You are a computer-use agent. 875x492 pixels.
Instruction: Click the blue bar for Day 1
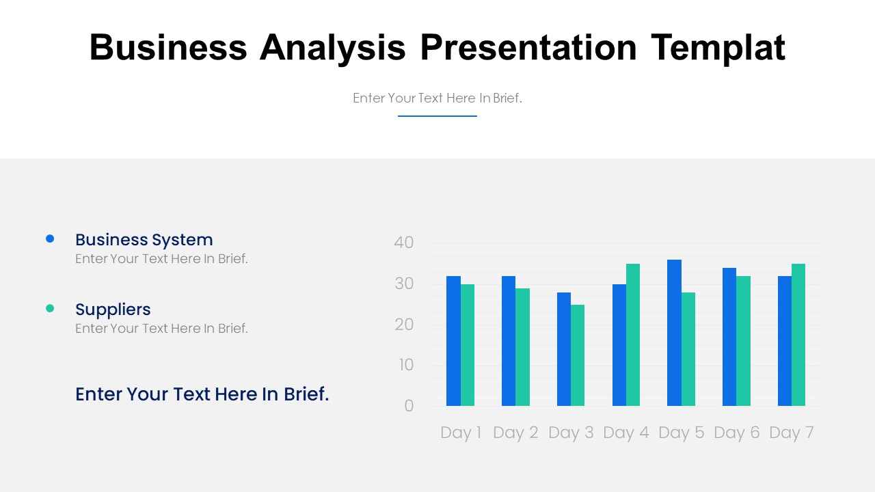tap(453, 341)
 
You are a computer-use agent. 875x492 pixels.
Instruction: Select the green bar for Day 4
tap(633, 335)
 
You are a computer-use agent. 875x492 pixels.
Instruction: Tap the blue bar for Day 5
tap(674, 333)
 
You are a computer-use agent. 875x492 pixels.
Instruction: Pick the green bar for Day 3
tap(578, 355)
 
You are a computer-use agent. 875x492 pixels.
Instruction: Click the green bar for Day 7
tap(798, 335)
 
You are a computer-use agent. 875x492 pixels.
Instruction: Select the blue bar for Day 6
tap(729, 337)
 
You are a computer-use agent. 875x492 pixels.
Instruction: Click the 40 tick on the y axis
tap(404, 243)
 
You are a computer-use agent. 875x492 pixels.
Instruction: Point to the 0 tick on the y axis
tap(409, 406)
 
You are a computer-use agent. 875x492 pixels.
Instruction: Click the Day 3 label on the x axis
tap(571, 433)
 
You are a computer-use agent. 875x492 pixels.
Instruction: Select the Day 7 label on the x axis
tap(791, 433)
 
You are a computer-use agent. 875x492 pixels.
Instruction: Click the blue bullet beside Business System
tap(50, 238)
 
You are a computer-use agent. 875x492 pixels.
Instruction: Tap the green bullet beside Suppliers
tap(50, 308)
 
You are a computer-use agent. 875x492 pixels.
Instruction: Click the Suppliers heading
tap(113, 310)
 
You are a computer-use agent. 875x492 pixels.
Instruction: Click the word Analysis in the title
tap(332, 48)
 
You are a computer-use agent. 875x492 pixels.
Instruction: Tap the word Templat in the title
tap(718, 48)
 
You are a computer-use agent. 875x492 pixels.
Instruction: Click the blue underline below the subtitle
tap(437, 116)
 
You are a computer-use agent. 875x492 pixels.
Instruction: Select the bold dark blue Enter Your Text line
tap(202, 394)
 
